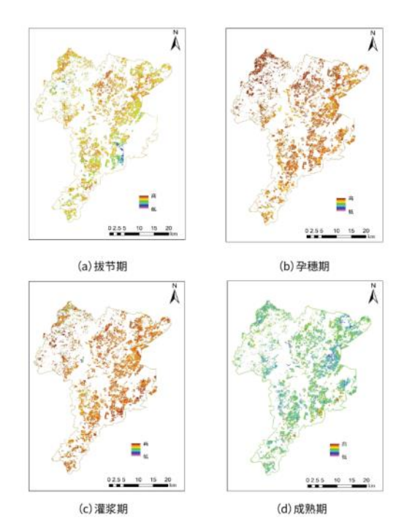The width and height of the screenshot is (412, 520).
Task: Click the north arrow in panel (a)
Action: point(176,42)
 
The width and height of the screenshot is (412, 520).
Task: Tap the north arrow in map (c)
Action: point(176,295)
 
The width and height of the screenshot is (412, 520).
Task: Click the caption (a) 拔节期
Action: point(103,266)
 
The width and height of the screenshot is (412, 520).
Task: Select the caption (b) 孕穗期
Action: point(304,266)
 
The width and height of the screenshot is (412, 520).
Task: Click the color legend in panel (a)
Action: point(145,202)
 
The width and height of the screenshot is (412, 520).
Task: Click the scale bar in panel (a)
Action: point(140,234)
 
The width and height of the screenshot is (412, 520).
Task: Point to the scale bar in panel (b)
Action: point(337,236)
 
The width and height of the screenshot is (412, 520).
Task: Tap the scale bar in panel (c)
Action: point(140,486)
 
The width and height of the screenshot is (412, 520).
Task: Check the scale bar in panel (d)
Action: point(337,486)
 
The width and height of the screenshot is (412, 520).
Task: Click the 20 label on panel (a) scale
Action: point(169,228)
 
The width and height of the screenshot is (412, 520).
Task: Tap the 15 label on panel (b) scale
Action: point(352,230)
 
